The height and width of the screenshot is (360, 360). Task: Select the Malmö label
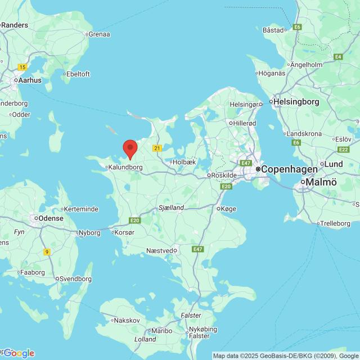coord(322,182)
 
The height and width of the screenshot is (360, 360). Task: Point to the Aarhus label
coord(30,80)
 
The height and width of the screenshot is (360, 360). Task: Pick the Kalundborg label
coord(125,167)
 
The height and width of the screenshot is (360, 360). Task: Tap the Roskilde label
coord(224,175)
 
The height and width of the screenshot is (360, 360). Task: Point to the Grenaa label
coord(98,34)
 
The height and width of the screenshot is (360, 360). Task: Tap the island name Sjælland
coord(172,208)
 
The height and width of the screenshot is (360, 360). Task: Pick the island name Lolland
coord(145,339)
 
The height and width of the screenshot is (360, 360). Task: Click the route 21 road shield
coord(157,148)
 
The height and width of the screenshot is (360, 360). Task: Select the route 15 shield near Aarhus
coord(22,67)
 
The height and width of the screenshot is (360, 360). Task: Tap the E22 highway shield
coord(344,150)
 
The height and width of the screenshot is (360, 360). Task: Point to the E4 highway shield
coord(338,57)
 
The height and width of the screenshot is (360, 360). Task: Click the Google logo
coord(19,353)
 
